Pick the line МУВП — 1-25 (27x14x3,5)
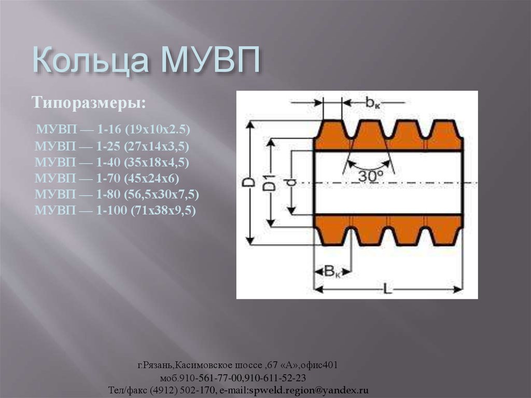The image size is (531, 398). (x=112, y=146)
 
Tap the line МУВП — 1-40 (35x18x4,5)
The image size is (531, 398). (x=112, y=162)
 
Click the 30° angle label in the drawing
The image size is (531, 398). (x=370, y=176)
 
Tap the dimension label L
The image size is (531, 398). (x=387, y=289)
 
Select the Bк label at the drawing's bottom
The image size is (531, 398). (x=332, y=270)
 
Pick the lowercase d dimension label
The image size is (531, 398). (x=291, y=183)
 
